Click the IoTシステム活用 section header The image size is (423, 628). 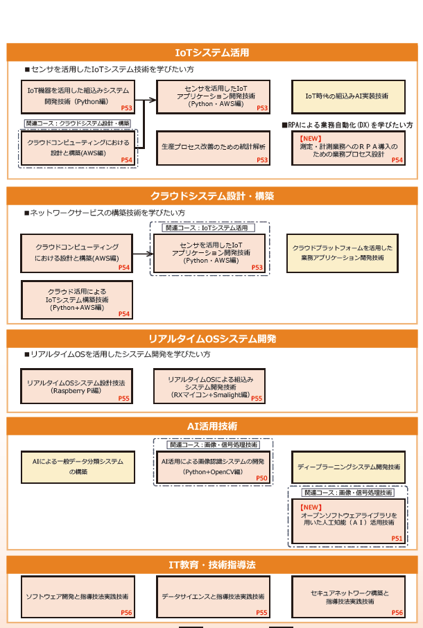click(211, 53)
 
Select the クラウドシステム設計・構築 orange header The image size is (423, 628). click(211, 196)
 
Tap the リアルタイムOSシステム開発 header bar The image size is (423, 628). click(211, 339)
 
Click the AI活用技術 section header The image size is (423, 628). click(211, 425)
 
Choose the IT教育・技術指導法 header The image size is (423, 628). click(211, 564)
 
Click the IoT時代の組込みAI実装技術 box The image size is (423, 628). click(347, 96)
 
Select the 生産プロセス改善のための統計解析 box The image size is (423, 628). click(213, 148)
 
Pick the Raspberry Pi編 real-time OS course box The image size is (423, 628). click(76, 387)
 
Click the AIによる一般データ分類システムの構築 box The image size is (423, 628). click(78, 466)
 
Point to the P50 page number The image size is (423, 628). click(261, 478)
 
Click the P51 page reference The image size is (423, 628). click(397, 538)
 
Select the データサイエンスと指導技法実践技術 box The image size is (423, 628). click(213, 596)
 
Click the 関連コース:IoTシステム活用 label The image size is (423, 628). click(209, 227)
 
